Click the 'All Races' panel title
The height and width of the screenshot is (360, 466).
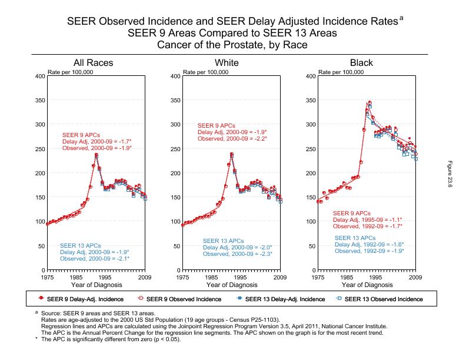(x=93, y=63)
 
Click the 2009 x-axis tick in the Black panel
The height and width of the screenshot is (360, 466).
(x=415, y=276)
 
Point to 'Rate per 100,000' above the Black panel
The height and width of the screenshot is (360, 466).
(x=341, y=72)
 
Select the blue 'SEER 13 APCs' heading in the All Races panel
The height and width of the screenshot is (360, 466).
(x=78, y=245)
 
